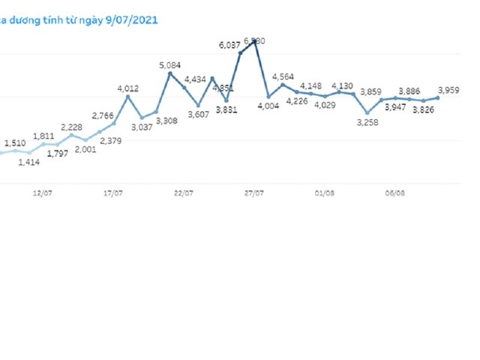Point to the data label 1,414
click(x=29, y=161)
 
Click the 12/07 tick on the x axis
click(x=42, y=193)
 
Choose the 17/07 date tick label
click(x=113, y=193)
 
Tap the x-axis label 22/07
click(x=184, y=193)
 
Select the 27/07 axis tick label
click(x=254, y=193)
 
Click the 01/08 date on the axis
click(x=325, y=193)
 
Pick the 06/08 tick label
click(x=395, y=193)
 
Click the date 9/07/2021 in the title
click(x=132, y=19)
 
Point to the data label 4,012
click(x=128, y=88)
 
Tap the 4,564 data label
click(x=283, y=76)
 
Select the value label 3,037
click(x=141, y=127)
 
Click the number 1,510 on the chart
click(x=15, y=142)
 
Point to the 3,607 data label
click(x=198, y=114)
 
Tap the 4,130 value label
click(x=342, y=85)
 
